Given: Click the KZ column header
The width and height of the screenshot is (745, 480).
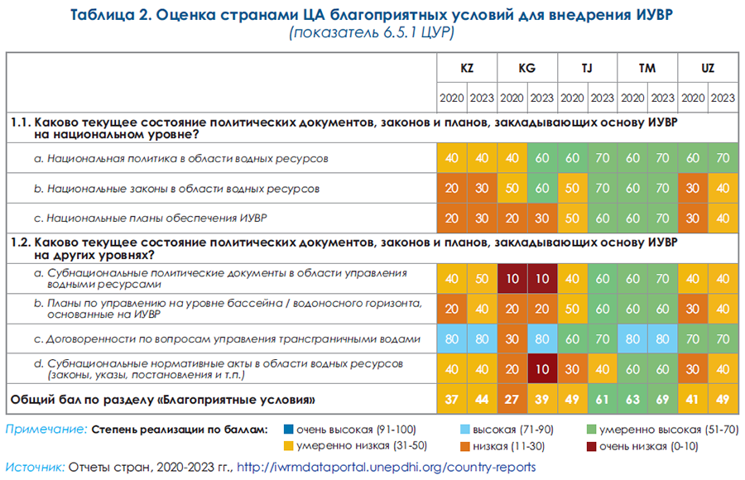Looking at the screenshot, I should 467,69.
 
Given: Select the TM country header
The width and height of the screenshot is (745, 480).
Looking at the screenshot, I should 647,69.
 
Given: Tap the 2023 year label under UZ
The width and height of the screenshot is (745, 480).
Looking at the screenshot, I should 723,98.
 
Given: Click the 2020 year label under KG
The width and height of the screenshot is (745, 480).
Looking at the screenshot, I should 512,98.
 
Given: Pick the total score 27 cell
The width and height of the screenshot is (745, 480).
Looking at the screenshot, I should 512,401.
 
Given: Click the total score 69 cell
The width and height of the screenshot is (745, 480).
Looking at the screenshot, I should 662,401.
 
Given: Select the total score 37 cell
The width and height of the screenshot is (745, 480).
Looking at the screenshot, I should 452,401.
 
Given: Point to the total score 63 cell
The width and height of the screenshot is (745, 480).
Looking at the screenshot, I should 632,401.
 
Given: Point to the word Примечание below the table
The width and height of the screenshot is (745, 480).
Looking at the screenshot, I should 46,430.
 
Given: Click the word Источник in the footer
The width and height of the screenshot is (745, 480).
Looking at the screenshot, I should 36,467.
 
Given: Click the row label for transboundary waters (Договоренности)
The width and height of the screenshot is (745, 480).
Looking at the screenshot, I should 222,338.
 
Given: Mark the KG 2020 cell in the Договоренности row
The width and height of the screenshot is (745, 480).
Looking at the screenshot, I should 512,338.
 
